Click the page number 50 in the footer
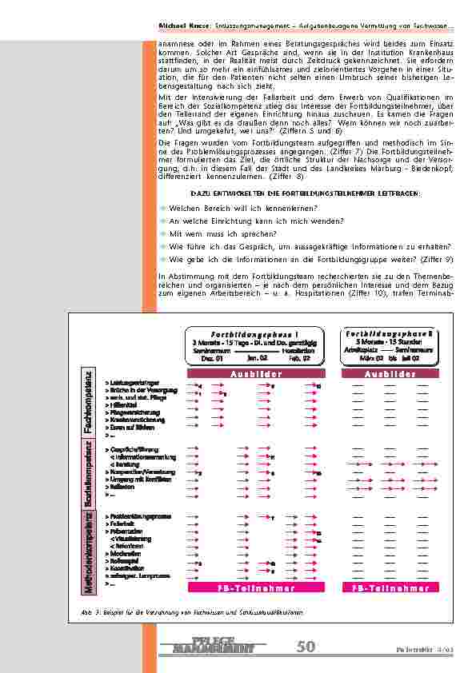coord(306,647)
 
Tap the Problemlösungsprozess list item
coord(138,517)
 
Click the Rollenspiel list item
coord(124,562)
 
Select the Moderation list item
coord(124,553)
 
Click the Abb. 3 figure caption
coord(192,612)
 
